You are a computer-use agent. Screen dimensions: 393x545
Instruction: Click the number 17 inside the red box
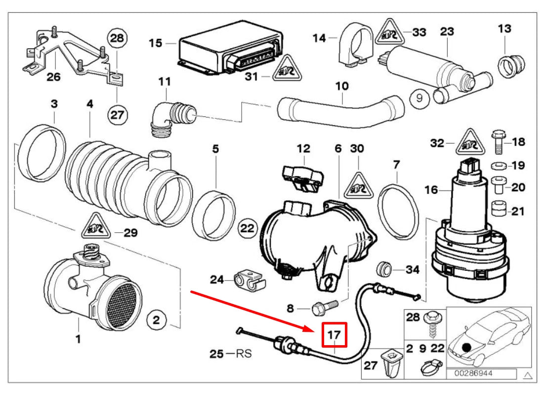pos(335,335)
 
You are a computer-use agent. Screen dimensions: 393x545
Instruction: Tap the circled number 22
pos(248,228)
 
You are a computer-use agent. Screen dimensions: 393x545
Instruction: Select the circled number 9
pos(419,99)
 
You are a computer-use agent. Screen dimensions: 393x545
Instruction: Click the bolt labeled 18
pos(498,141)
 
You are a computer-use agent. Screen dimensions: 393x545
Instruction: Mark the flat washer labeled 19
pos(498,165)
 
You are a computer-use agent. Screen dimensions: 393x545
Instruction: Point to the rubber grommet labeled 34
pos(384,269)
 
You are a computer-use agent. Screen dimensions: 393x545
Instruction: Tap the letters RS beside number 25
pos(244,354)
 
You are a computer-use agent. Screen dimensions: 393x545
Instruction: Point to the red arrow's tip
pos(315,329)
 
